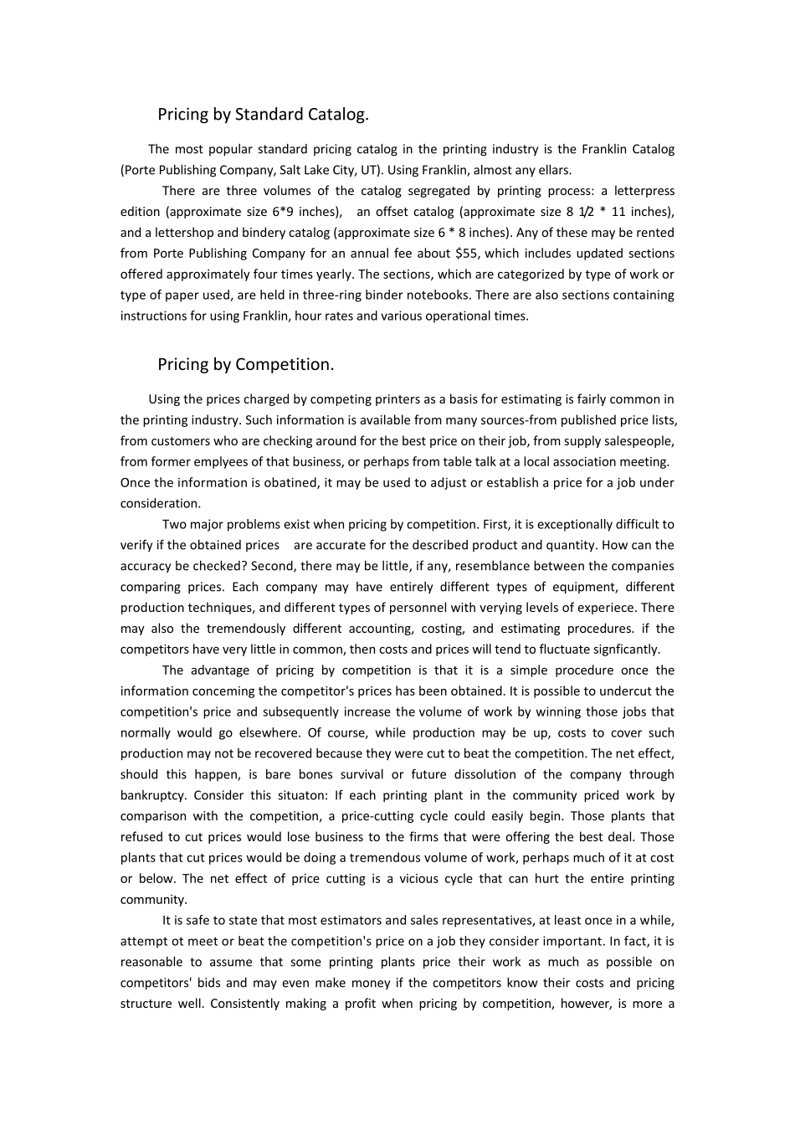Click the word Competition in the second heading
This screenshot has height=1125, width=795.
point(285,365)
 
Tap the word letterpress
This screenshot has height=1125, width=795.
point(644,191)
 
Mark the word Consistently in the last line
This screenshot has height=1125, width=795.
point(244,1004)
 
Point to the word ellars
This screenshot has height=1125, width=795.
point(552,170)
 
